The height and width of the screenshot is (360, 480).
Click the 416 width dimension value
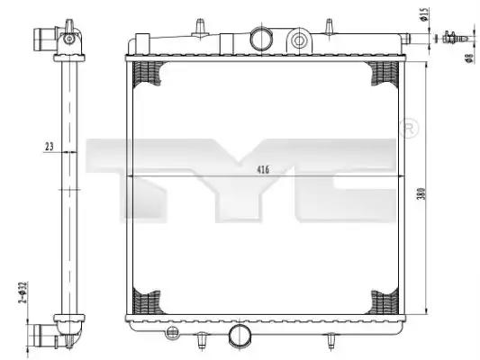(263, 169)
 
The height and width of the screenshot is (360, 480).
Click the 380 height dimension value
(421, 193)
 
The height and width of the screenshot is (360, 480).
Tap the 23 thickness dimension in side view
(49, 147)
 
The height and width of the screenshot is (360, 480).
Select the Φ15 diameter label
(423, 15)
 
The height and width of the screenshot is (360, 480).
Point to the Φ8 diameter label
(469, 58)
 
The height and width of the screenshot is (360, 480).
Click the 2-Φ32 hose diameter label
(22, 292)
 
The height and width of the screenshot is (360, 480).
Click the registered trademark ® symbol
(409, 129)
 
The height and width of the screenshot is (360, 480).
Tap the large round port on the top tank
(260, 39)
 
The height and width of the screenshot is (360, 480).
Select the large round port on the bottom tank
(240, 335)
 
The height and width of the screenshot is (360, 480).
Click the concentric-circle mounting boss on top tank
(299, 40)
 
